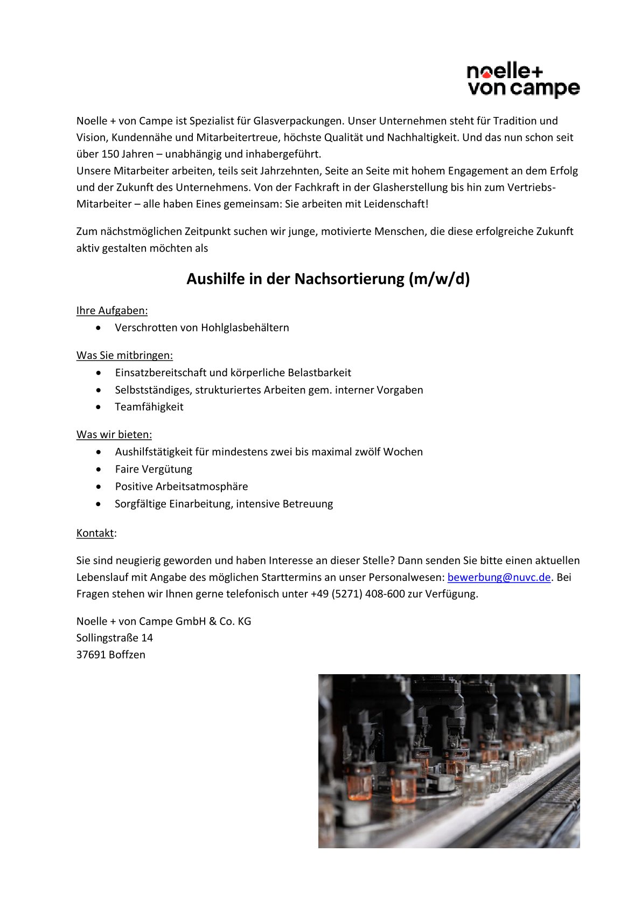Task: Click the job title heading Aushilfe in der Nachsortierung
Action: pos(328,279)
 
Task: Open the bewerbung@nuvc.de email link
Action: pos(499,577)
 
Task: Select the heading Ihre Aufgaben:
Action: pos(112,310)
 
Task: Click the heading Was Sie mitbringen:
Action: pos(124,355)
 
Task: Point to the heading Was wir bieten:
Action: pos(114,434)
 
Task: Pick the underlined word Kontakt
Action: pos(95,533)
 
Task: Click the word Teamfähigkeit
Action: pos(149,407)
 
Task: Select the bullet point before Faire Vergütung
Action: pos(98,469)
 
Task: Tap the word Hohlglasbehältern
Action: pos(245,328)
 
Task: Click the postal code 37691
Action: pos(91,655)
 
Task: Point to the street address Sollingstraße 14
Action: pos(115,638)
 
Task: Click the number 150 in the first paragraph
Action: pos(110,154)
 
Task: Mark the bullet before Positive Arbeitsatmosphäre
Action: pos(98,487)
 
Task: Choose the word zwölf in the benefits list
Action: pos(367,452)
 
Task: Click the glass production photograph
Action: pos(449,760)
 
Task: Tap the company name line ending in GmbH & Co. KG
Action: pos(164,621)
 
